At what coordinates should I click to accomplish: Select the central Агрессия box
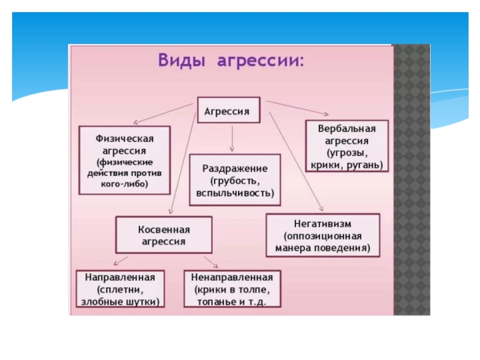[x=228, y=111]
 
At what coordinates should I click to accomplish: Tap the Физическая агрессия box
[x=125, y=159]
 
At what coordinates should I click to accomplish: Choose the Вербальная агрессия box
[x=347, y=146]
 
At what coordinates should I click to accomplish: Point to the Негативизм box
[x=322, y=235]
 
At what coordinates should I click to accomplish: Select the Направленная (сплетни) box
[x=120, y=290]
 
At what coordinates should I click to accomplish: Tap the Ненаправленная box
[x=232, y=290]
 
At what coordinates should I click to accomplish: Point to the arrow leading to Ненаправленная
[x=211, y=262]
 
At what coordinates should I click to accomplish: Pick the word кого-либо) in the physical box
[x=125, y=184]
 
